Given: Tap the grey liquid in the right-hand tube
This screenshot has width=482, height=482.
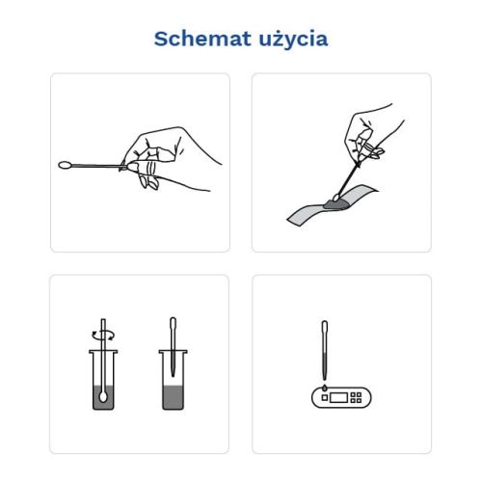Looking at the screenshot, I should pyautogui.click(x=173, y=396).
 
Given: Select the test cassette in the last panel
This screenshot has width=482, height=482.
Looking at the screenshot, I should pyautogui.click(x=341, y=397).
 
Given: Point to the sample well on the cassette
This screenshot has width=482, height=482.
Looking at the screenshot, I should pyautogui.click(x=321, y=398).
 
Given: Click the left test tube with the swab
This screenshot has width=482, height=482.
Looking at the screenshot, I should pyautogui.click(x=102, y=381).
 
